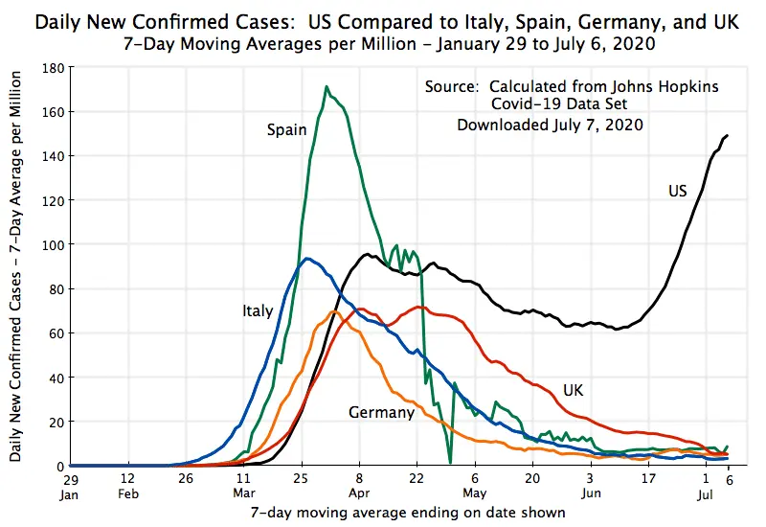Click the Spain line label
[x=286, y=129]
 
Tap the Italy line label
[x=258, y=310]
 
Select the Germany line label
[x=381, y=413]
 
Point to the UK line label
[x=573, y=391]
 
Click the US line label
[x=677, y=192]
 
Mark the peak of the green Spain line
[x=327, y=87]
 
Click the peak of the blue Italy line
[x=306, y=259]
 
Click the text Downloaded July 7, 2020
[x=550, y=125]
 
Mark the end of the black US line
[x=728, y=135]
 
